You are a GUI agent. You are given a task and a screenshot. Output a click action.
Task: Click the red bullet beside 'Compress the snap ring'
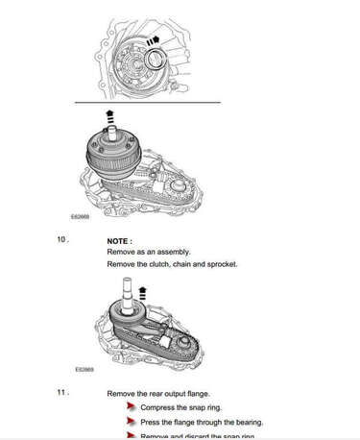click(x=131, y=407)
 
